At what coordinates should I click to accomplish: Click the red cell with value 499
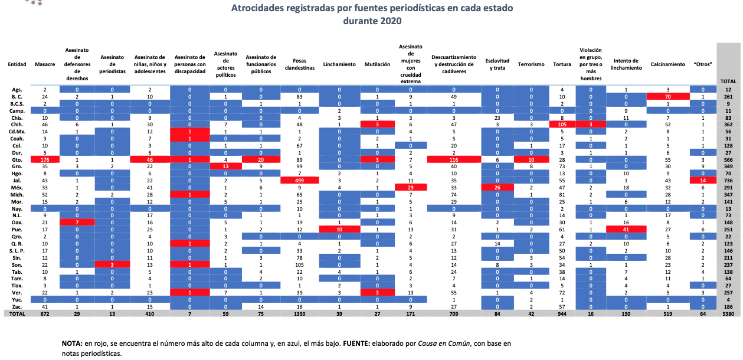299,179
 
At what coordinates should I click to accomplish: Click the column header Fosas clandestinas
299,64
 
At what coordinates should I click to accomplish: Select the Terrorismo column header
531,64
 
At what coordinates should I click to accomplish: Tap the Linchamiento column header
339,64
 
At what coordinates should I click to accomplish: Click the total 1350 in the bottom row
299,315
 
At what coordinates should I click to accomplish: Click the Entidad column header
17,64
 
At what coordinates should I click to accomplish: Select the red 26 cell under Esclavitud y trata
497,186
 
